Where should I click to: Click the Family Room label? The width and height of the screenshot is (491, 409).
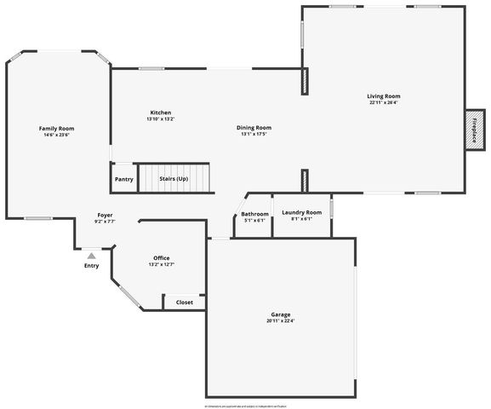(57, 128)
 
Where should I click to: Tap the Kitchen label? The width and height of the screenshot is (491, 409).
(161, 112)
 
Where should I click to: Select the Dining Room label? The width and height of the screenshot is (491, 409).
(254, 128)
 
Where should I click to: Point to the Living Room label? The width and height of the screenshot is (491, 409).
(384, 96)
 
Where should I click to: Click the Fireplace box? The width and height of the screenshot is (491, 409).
(475, 131)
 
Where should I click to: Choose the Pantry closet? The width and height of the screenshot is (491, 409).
(124, 179)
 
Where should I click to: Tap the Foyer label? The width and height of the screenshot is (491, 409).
(105, 215)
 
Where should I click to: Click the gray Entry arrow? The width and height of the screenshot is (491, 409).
(91, 255)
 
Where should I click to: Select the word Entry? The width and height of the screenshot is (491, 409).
(91, 266)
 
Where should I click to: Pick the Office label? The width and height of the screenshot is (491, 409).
(162, 258)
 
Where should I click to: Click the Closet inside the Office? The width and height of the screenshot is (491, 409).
(185, 302)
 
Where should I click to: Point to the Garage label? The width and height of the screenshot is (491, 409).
(281, 314)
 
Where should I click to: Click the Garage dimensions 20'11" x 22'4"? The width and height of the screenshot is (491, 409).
(281, 321)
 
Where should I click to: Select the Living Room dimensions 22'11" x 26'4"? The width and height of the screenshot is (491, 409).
(384, 103)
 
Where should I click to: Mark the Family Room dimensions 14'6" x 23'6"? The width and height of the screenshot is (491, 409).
(57, 135)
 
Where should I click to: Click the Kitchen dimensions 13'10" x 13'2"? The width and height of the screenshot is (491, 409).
(161, 119)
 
